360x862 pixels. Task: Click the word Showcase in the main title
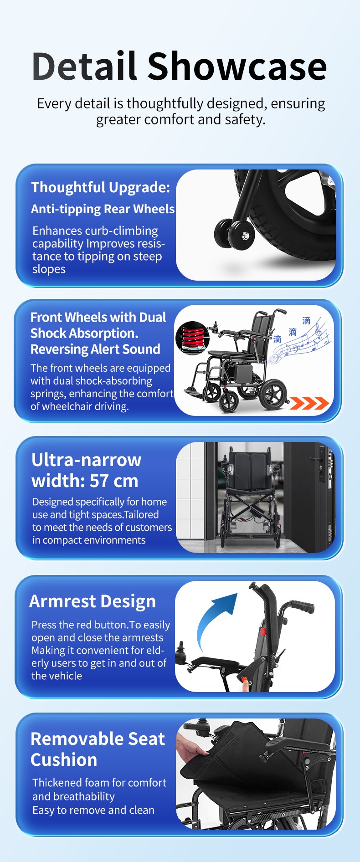pos(237,67)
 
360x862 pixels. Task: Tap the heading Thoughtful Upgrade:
pos(101,187)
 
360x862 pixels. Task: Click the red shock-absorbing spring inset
pos(192,337)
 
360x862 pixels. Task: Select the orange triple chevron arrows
pos(309,403)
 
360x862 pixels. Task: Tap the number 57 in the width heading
pos(99,481)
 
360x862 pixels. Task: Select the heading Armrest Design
pos(93,601)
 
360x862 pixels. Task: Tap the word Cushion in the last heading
pos(64,759)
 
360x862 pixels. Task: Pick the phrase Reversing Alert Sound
pos(95,349)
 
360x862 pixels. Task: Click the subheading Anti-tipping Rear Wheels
pos(103,209)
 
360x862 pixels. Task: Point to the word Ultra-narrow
pos(87,460)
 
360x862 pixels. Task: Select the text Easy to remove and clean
pos(93,810)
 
